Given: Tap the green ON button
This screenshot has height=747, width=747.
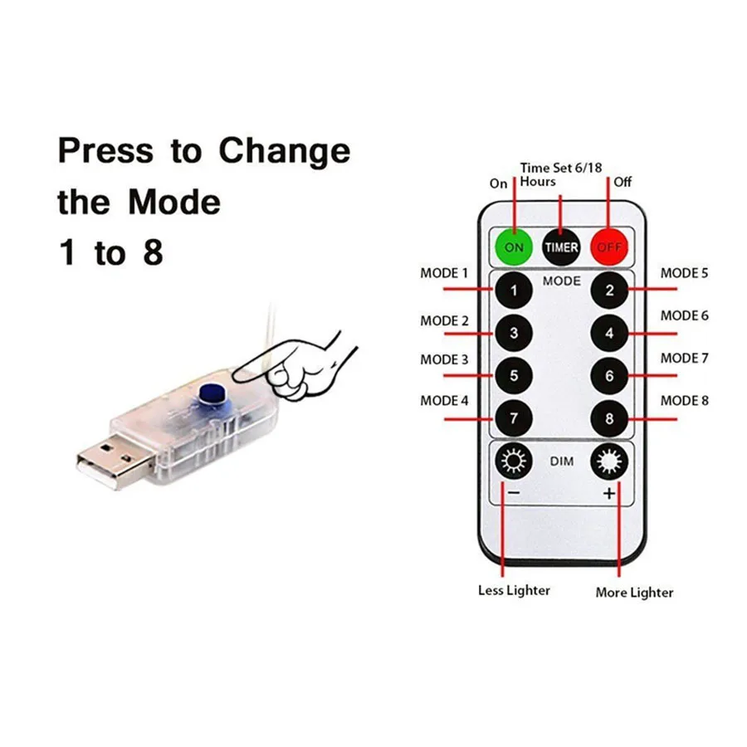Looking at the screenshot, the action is tap(515, 247).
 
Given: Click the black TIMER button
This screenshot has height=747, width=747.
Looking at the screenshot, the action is tap(562, 247).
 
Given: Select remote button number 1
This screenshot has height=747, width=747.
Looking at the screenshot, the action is tap(515, 290).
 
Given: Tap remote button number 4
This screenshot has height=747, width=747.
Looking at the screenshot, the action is tap(609, 334).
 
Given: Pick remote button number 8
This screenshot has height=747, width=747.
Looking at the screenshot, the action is tap(609, 418).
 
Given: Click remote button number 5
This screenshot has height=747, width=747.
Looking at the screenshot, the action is tap(515, 376).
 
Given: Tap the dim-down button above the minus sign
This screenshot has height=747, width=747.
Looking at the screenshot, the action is tap(514, 461).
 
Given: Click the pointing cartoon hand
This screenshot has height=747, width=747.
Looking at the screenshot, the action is tap(307, 365).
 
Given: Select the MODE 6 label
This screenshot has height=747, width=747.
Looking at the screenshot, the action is tap(685, 315).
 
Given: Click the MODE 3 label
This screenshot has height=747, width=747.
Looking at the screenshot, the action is tap(444, 359).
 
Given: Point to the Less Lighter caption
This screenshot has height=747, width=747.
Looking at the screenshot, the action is tap(514, 590).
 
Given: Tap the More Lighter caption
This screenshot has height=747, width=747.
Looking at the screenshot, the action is tap(634, 593).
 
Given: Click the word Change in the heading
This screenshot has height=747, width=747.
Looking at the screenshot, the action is tap(285, 151).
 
